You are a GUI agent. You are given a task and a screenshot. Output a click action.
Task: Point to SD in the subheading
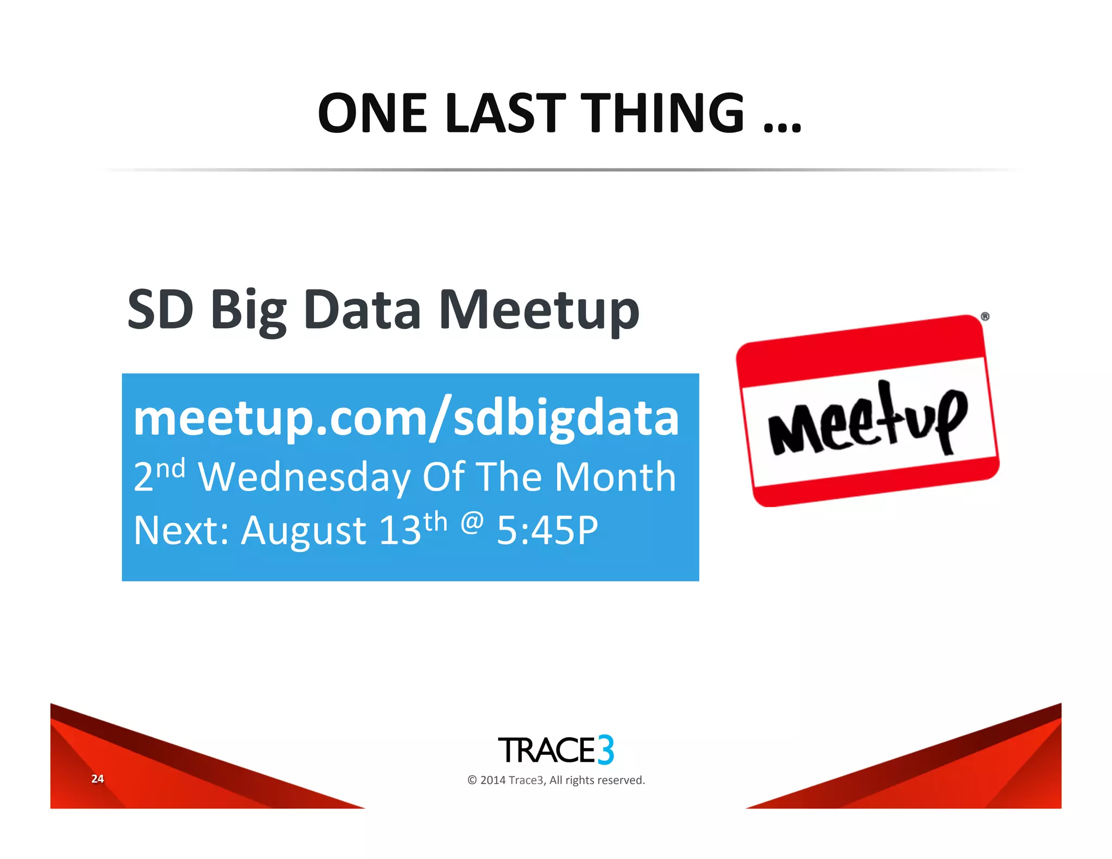(x=160, y=310)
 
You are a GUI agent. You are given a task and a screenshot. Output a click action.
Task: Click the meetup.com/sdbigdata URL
(x=406, y=418)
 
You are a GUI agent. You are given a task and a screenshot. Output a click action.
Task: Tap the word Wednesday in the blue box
(x=304, y=477)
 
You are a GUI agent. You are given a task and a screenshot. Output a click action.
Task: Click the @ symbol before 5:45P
(x=472, y=522)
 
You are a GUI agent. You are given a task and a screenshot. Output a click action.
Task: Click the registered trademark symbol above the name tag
(x=985, y=317)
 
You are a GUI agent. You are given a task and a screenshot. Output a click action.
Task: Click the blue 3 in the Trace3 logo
(x=606, y=750)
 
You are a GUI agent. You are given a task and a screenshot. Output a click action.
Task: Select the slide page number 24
(x=98, y=779)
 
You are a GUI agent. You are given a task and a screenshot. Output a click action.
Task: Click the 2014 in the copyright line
(x=492, y=780)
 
